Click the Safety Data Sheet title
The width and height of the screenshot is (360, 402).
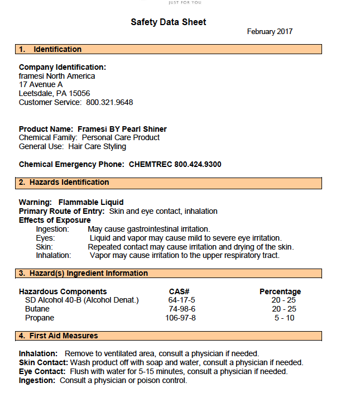(168, 22)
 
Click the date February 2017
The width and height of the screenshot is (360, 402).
(270, 32)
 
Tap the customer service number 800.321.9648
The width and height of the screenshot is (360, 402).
(109, 102)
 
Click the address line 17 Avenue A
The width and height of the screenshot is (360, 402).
(41, 84)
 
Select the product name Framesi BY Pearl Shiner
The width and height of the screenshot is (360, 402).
(122, 129)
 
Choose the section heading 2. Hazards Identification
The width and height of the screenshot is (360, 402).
(64, 183)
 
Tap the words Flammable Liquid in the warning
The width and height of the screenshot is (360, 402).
(91, 202)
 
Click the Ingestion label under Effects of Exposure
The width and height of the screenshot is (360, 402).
(52, 229)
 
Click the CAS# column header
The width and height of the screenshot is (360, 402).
(179, 291)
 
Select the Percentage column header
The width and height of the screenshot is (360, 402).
(280, 291)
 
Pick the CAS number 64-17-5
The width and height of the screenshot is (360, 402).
(181, 300)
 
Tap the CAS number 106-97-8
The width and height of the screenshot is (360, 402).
(180, 318)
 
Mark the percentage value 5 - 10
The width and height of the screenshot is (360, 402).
(284, 318)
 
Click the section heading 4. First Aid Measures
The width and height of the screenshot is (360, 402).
(58, 336)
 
